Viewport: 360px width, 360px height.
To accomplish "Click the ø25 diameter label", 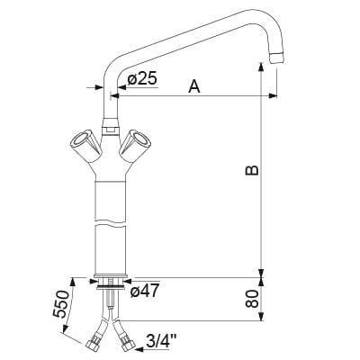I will coord(143,78).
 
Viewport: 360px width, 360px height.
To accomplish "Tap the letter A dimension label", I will coord(193,85).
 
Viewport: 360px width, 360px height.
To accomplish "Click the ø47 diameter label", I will coord(144,292).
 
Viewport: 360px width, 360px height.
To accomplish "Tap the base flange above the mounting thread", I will coord(110,281).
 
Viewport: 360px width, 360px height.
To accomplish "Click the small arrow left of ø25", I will coord(96,88).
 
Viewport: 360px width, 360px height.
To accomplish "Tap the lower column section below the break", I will coord(110,247).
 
